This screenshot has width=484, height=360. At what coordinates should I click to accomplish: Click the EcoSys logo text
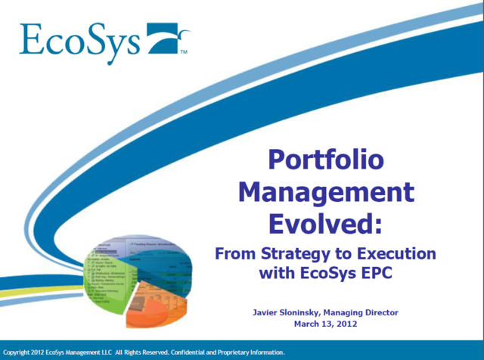click(79, 39)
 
